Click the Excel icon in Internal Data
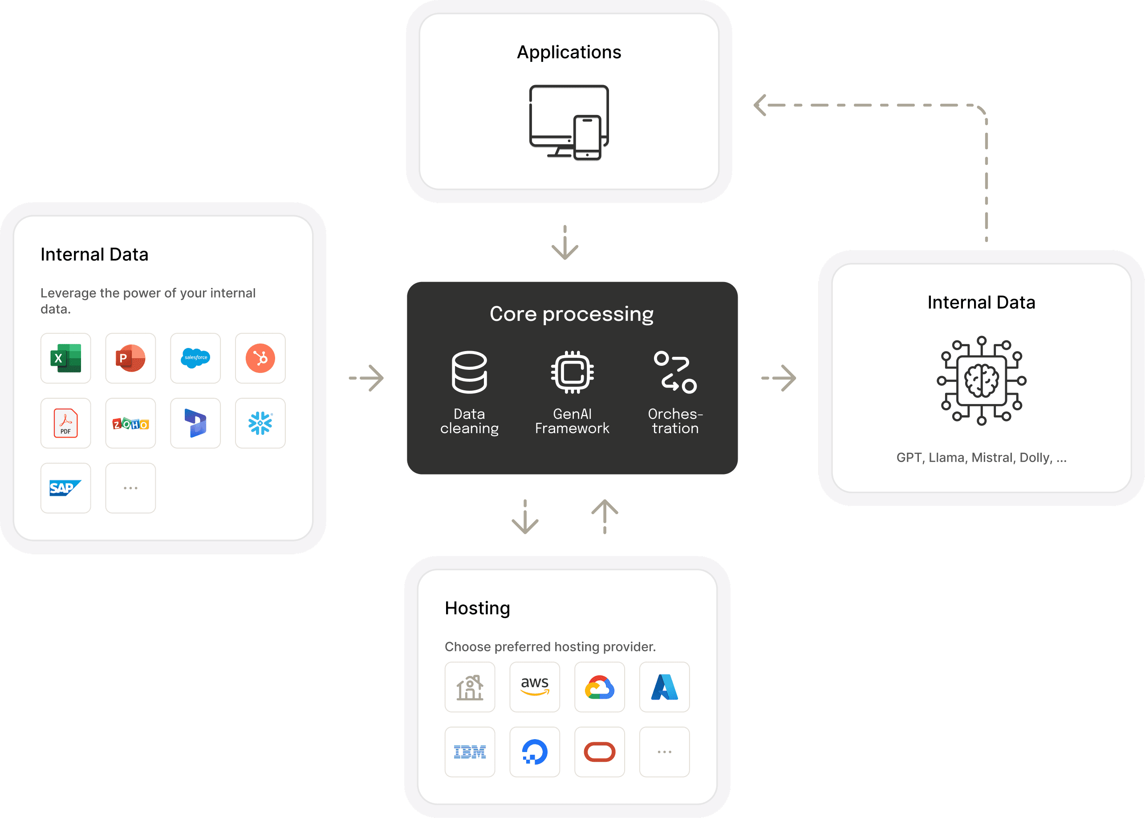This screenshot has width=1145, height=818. coord(65,358)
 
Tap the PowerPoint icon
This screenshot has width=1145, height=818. coord(130,358)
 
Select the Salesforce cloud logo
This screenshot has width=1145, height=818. coord(195,358)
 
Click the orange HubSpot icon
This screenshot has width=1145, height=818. coord(260,358)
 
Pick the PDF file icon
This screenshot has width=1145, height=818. coord(65,423)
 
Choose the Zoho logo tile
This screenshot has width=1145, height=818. coord(130,423)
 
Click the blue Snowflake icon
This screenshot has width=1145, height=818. coord(260,423)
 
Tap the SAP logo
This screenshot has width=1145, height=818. coord(65,488)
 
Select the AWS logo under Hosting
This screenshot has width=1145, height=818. coord(535,687)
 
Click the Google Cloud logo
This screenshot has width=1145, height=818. coord(599,687)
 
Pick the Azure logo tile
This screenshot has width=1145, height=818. coord(664,687)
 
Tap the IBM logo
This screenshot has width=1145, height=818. coord(470,752)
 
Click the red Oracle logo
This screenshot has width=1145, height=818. coord(599,752)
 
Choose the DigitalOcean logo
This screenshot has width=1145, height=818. coord(535,752)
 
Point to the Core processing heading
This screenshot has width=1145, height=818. coord(572,314)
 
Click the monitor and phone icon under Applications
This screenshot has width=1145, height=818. coord(569,123)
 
